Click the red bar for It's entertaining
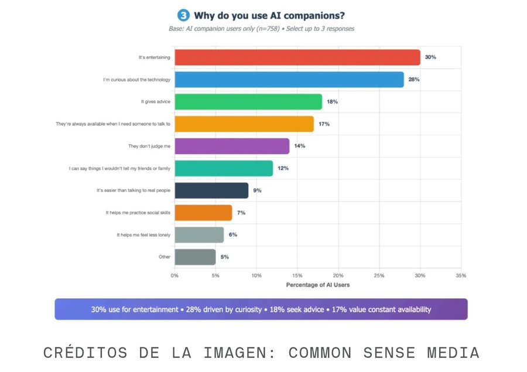pyautogui.click(x=297, y=57)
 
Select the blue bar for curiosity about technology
pyautogui.click(x=289, y=80)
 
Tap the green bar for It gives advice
pyautogui.click(x=248, y=102)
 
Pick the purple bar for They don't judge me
pyautogui.click(x=232, y=146)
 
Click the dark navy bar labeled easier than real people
pyautogui.click(x=211, y=190)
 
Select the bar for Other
pyautogui.click(x=195, y=257)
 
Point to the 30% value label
pyautogui.click(x=430, y=57)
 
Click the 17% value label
pyautogui.click(x=324, y=124)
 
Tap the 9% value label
pyautogui.click(x=257, y=190)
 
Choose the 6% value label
pyautogui.click(x=232, y=234)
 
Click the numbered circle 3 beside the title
pyautogui.click(x=183, y=15)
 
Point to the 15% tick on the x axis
pyautogui.click(x=297, y=275)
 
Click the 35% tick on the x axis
pyautogui.click(x=460, y=275)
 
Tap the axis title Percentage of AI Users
pyautogui.click(x=317, y=285)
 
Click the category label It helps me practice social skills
pyautogui.click(x=138, y=213)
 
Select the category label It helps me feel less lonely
pyautogui.click(x=143, y=234)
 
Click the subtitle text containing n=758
pyautogui.click(x=261, y=28)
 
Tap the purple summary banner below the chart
pyautogui.click(x=261, y=309)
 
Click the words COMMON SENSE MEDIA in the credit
pyautogui.click(x=384, y=353)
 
